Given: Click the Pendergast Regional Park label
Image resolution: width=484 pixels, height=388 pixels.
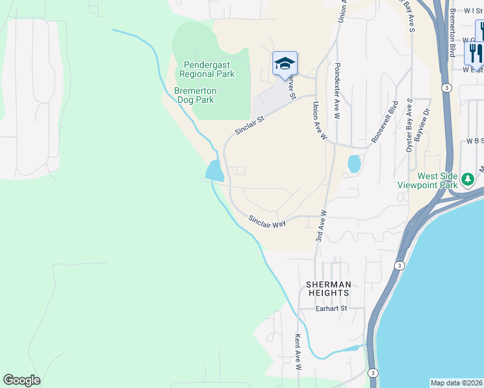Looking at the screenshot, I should coord(208,69).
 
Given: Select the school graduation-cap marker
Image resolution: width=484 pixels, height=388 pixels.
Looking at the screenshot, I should coord(285,63).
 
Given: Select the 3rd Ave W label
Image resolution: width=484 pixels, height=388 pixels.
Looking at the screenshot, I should coord(320,226).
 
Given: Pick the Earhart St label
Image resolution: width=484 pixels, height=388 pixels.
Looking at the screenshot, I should coord(331,308).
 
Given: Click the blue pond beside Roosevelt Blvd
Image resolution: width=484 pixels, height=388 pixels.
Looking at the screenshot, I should coord(354,164).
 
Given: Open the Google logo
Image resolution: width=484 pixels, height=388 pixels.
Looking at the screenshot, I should coord(21,380).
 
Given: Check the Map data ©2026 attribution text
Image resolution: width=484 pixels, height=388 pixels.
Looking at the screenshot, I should coord(457,383).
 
